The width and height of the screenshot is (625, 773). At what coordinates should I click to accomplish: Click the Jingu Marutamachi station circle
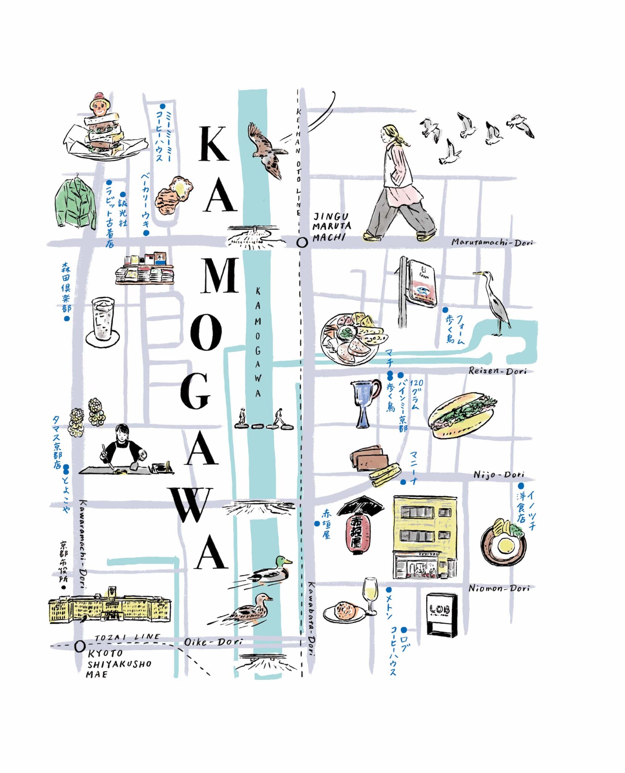(x=302, y=243)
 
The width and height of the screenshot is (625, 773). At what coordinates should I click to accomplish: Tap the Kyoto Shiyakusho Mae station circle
(x=80, y=647)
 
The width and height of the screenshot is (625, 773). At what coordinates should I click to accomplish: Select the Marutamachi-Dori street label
(x=492, y=242)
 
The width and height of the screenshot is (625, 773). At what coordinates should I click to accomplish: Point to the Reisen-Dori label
(x=497, y=371)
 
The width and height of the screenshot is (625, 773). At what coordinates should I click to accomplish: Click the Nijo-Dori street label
(x=499, y=474)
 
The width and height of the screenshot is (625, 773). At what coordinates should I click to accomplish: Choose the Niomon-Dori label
(x=499, y=588)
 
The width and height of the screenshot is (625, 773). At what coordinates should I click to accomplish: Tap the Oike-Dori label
(x=213, y=642)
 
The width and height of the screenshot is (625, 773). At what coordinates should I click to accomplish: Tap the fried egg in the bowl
(x=504, y=545)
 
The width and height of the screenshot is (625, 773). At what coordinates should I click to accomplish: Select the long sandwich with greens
(x=462, y=415)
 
